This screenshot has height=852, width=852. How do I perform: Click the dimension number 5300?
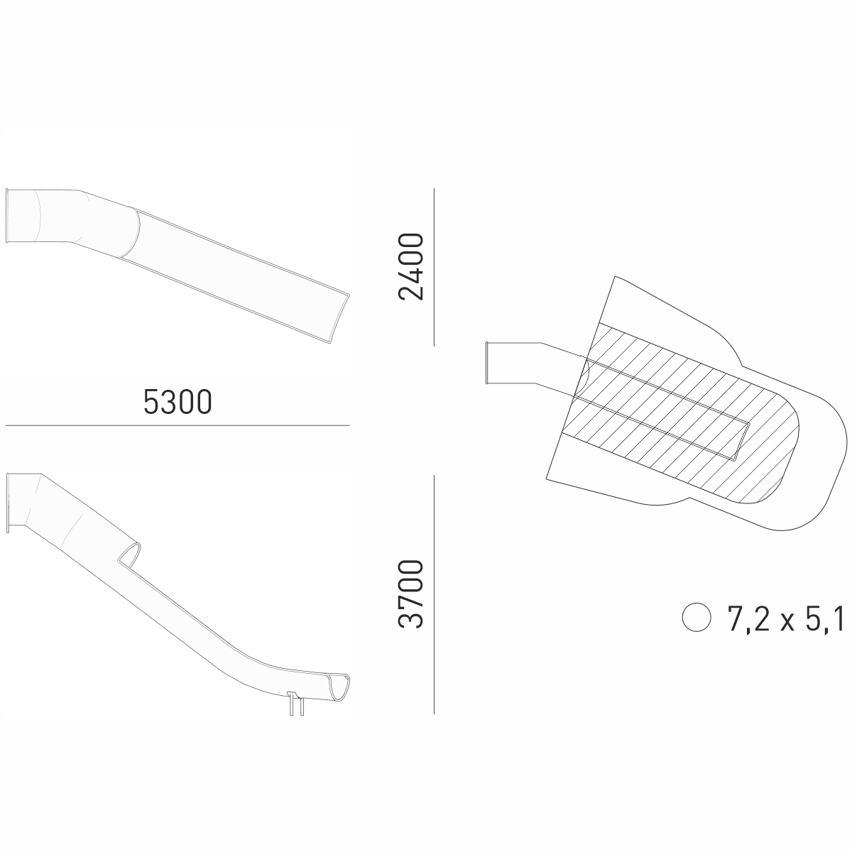177,402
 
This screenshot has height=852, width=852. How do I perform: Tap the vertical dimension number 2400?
411,267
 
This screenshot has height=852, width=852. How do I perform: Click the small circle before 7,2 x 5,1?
697,617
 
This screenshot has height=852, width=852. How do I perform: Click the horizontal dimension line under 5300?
177,425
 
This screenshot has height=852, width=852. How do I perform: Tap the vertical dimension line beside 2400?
435,267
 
